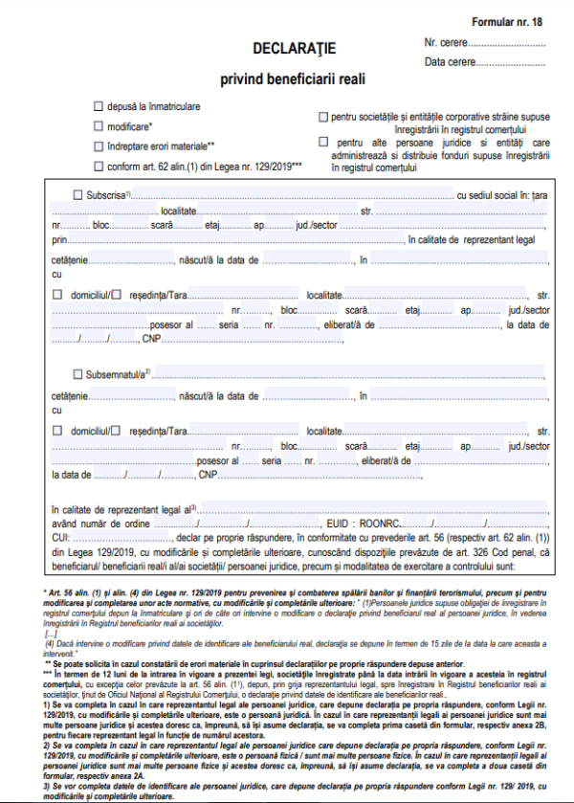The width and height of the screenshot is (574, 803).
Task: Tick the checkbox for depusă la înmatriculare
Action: tap(98, 106)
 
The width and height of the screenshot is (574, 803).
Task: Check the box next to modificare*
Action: tap(98, 126)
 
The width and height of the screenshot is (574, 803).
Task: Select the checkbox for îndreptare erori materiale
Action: tap(98, 146)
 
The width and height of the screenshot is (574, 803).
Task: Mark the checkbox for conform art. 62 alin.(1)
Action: tap(98, 167)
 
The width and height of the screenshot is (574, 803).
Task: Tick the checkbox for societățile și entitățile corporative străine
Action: tap(322, 117)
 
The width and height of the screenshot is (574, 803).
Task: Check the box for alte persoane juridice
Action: tap(322, 142)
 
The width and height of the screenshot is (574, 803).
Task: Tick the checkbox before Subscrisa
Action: tap(77, 194)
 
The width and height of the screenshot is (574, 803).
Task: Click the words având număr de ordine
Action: tap(95, 524)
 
